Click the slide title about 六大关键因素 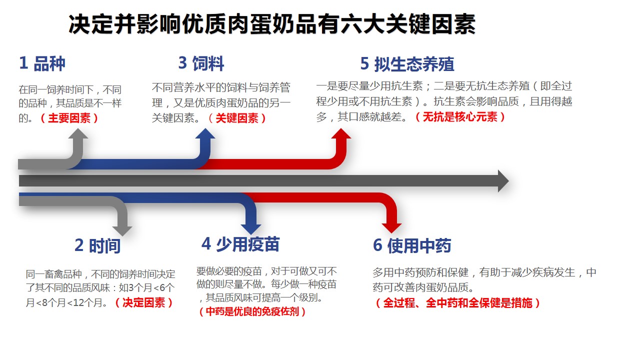point(271,23)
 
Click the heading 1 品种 point(42,63)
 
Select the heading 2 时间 point(97,245)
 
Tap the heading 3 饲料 point(201,63)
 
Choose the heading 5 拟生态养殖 point(407,64)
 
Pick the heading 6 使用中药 point(412,245)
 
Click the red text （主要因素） point(69,118)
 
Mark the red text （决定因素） point(143,302)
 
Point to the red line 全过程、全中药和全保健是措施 point(457,303)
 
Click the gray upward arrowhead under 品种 point(78,134)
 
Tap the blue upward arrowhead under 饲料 point(205,134)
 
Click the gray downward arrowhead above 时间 point(122,230)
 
